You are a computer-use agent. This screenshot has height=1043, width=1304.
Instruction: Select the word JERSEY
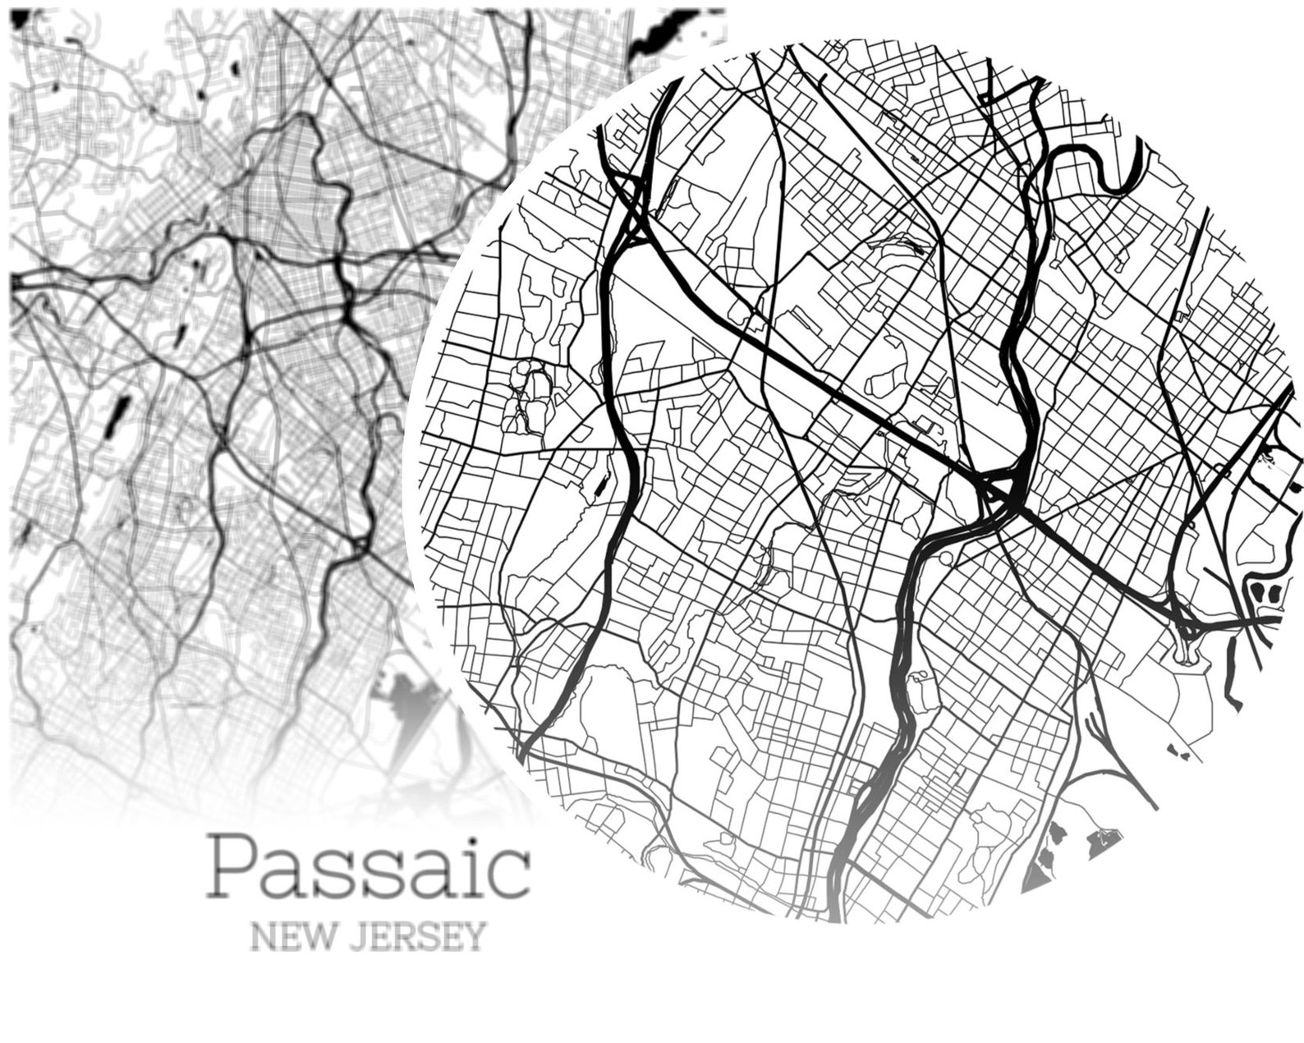(x=419, y=937)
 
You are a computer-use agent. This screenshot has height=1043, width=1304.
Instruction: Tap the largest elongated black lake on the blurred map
(x=118, y=414)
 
